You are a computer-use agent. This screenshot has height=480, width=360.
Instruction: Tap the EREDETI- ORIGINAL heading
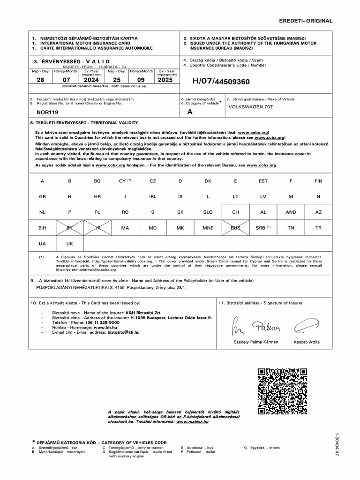point(306,21)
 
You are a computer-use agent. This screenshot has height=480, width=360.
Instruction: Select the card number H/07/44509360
point(221,82)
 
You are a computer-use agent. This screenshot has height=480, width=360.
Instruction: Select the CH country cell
point(235,212)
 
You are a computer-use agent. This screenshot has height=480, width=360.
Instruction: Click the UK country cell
point(69,244)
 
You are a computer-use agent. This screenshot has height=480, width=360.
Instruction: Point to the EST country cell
point(263,181)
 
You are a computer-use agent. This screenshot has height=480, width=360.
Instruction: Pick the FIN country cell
point(318,181)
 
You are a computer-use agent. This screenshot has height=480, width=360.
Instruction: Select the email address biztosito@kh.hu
point(123,332)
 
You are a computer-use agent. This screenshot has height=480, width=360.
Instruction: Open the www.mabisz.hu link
point(192,422)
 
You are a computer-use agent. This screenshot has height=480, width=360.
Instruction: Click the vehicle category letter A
point(189,112)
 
